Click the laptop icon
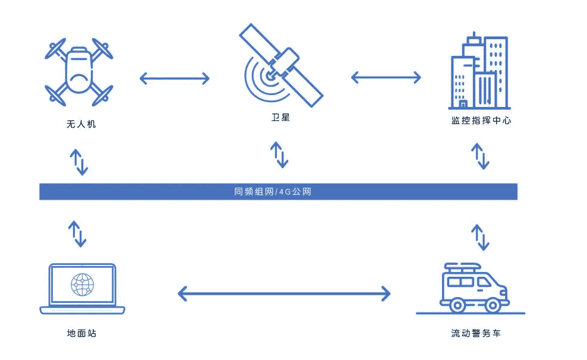(x=82, y=289)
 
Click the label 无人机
(x=81, y=125)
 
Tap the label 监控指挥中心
(x=480, y=121)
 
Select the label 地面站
(x=81, y=333)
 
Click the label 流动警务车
(x=475, y=333)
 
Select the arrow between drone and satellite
(x=175, y=77)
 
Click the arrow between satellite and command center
(x=386, y=77)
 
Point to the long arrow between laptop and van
(x=284, y=293)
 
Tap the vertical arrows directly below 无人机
(x=79, y=162)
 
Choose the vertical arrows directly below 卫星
(x=279, y=154)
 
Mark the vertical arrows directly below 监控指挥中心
(x=480, y=156)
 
